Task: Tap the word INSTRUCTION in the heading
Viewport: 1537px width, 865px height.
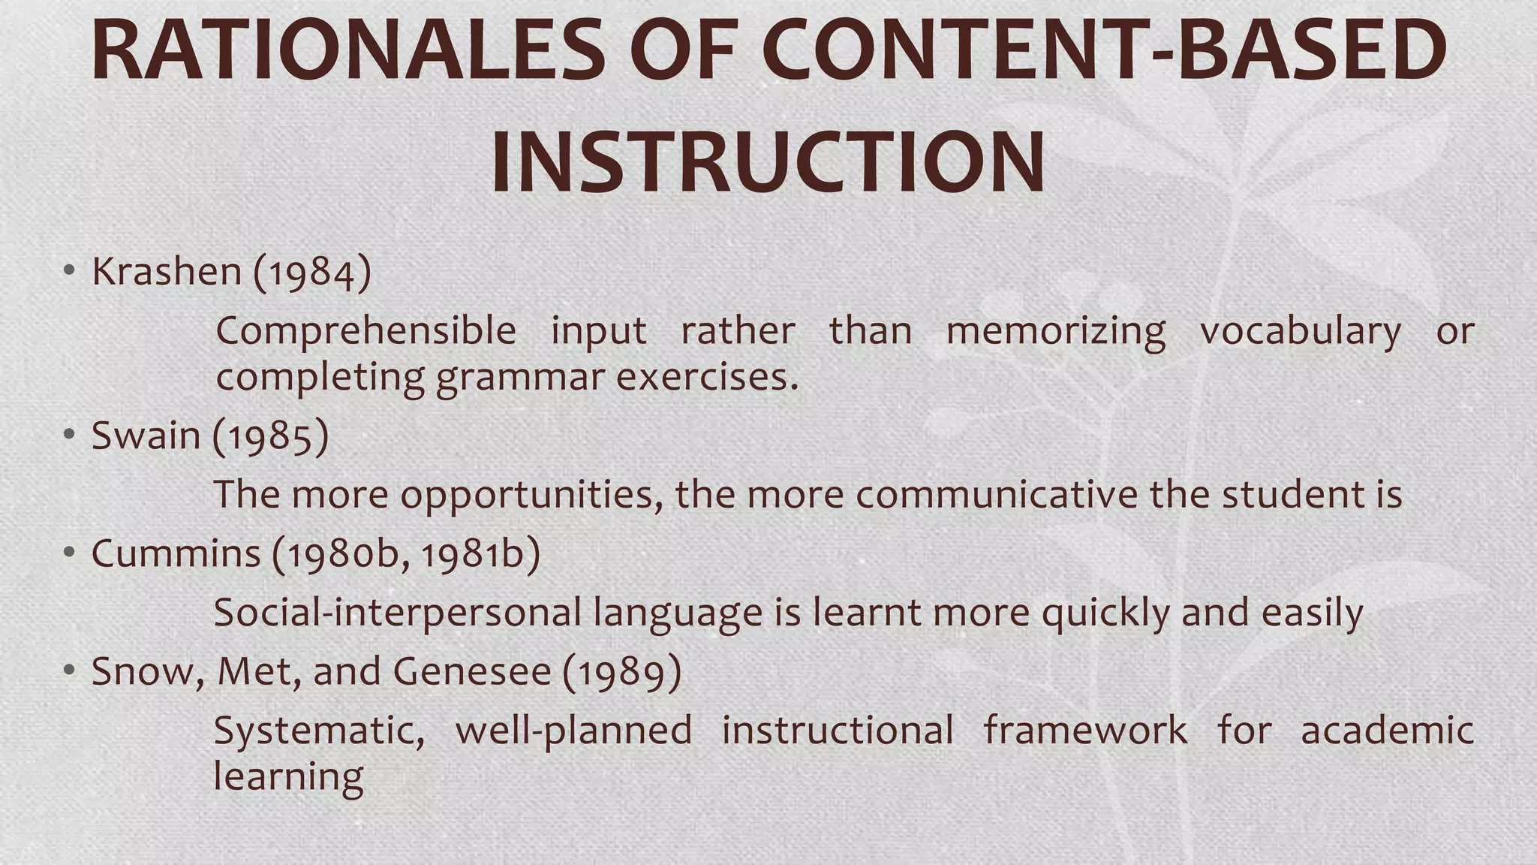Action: point(768,163)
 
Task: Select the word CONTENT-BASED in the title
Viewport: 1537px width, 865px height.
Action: point(1103,51)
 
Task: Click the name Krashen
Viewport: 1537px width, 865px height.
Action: point(166,271)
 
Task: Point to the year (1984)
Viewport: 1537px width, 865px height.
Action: point(312,273)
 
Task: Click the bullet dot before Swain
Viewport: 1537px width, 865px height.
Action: point(69,435)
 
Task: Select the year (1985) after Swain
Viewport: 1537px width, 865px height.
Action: point(271,436)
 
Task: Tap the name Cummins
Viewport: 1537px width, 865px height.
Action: point(176,554)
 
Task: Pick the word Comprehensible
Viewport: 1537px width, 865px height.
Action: point(366,332)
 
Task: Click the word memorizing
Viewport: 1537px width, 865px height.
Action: point(1055,332)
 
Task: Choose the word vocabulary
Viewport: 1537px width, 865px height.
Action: point(1300,332)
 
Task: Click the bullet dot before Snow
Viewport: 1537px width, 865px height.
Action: point(69,671)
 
